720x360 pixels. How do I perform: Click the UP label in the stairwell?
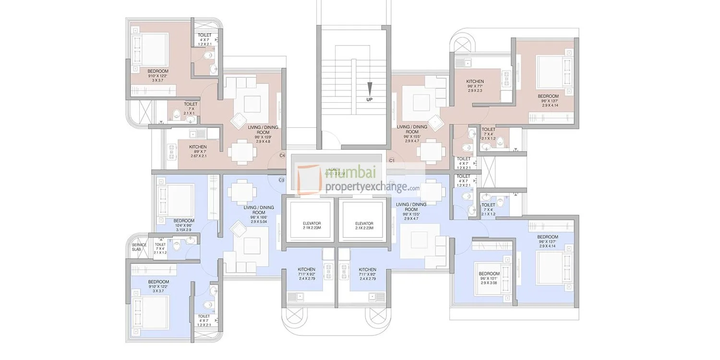click(369, 99)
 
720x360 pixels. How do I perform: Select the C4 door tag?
click(282, 156)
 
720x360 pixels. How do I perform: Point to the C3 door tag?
click(282, 180)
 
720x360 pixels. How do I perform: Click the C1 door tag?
click(392, 160)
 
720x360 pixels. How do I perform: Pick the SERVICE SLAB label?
click(139, 247)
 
